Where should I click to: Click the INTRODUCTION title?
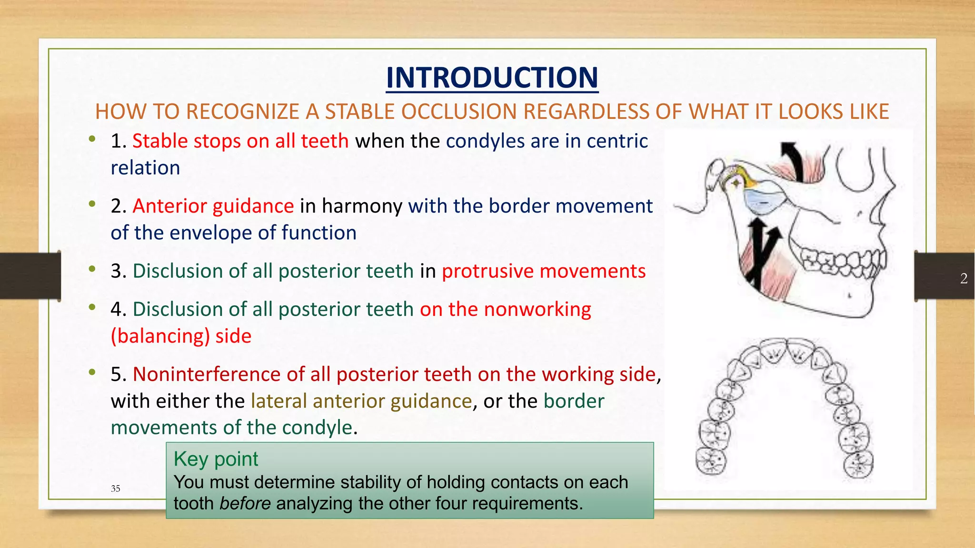(x=492, y=78)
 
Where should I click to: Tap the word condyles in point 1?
(x=485, y=141)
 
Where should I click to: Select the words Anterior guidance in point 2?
(x=213, y=206)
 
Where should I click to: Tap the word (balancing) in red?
(x=160, y=336)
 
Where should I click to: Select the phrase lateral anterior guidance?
(x=361, y=401)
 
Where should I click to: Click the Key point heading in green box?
(x=216, y=459)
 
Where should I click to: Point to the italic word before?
(x=245, y=503)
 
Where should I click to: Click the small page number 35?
(x=115, y=489)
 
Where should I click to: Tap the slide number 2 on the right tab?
(x=964, y=278)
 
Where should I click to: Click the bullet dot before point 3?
(x=92, y=269)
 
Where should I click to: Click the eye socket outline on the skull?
(x=855, y=169)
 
